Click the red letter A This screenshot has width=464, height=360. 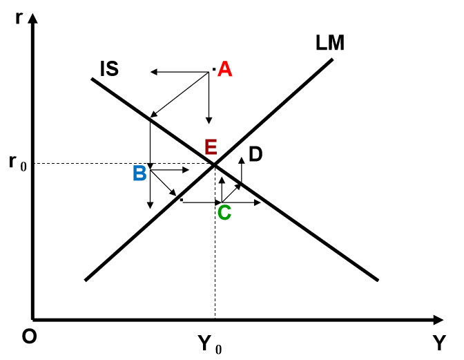tap(224, 69)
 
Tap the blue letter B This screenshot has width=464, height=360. tap(139, 173)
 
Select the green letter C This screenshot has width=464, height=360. tap(224, 212)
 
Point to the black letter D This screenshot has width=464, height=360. tap(255, 155)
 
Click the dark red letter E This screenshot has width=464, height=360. tap(211, 146)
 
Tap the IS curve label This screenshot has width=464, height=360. tap(108, 69)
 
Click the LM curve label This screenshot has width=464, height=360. tap(329, 43)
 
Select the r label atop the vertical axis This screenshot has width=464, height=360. tap(19, 17)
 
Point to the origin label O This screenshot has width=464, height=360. tap(28, 337)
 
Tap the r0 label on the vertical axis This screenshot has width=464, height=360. tap(21, 164)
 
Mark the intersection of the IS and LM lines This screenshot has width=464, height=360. tap(214, 164)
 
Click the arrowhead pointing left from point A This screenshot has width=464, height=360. tap(154, 71)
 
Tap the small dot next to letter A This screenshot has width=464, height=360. tap(215, 70)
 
